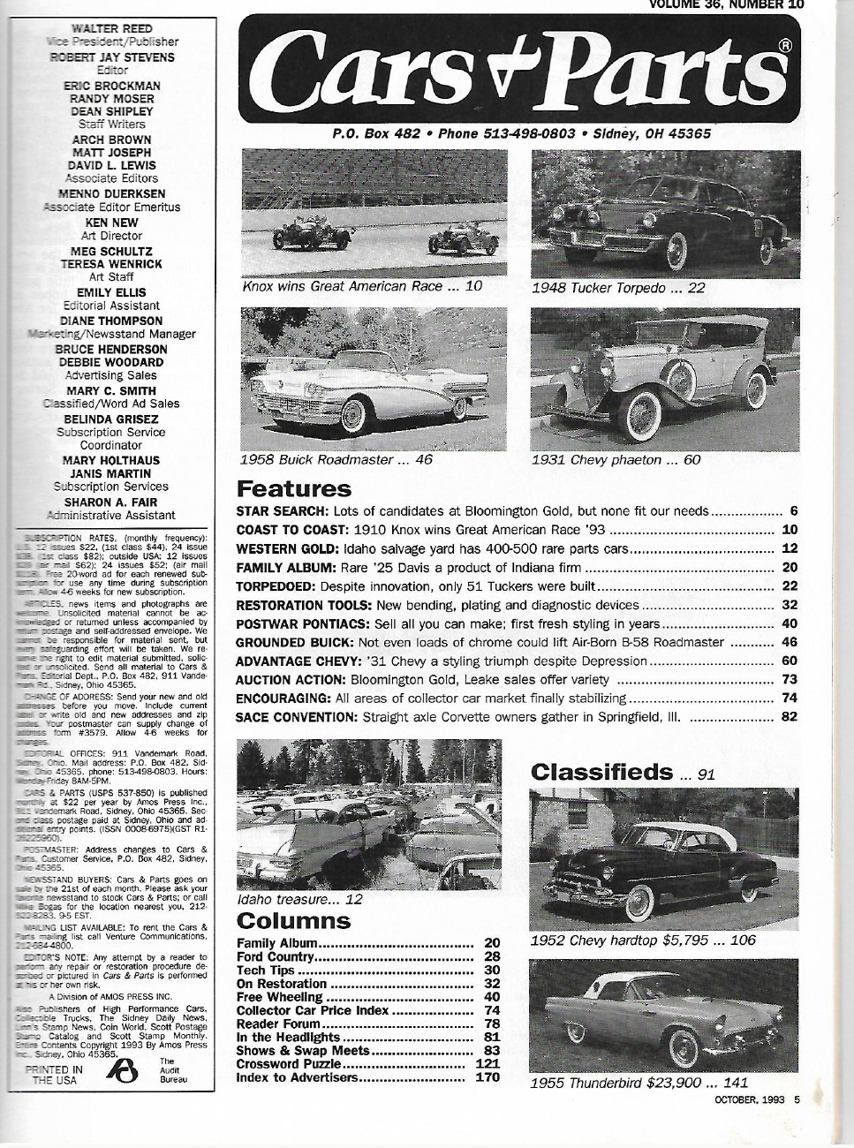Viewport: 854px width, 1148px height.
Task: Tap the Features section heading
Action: click(x=294, y=488)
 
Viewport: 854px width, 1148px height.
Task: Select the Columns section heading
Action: click(x=294, y=921)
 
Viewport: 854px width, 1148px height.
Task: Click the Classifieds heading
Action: click(x=601, y=772)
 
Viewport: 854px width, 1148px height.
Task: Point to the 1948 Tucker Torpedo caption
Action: click(x=606, y=288)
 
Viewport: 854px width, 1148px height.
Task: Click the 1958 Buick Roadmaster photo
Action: click(x=374, y=378)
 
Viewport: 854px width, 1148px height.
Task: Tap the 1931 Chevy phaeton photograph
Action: click(x=665, y=378)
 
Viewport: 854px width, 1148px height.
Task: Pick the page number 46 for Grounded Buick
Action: click(x=790, y=642)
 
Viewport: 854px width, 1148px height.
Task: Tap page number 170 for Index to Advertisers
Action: click(x=487, y=1076)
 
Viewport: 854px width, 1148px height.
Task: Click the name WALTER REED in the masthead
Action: click(x=111, y=28)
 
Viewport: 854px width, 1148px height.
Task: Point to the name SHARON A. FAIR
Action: click(x=111, y=502)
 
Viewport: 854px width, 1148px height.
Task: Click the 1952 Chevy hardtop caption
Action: click(x=642, y=940)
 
